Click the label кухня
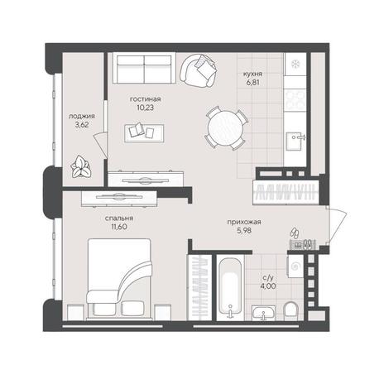click(252, 74)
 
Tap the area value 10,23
click(146, 108)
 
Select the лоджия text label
click(82, 117)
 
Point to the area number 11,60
click(119, 227)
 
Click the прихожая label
click(244, 222)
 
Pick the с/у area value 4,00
click(268, 286)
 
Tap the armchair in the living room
click(198, 70)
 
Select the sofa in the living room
click(144, 68)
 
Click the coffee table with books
click(144, 133)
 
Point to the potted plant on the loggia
click(80, 166)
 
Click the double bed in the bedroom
click(119, 279)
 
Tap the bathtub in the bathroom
click(230, 288)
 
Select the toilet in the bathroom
click(291, 311)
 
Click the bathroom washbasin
click(263, 313)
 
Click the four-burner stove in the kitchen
click(295, 99)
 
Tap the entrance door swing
click(336, 225)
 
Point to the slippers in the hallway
click(295, 233)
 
